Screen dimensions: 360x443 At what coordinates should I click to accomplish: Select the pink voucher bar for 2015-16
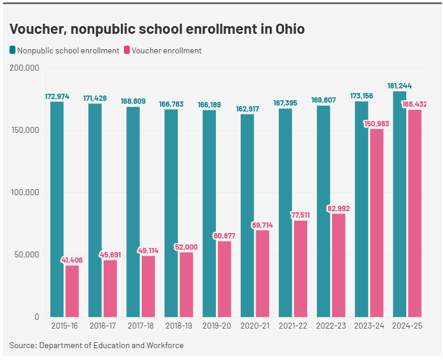pyautogui.click(x=72, y=291)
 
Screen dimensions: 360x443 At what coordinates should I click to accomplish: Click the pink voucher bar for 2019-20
pyautogui.click(x=224, y=279)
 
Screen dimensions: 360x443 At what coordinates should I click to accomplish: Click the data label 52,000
pyautogui.click(x=186, y=247)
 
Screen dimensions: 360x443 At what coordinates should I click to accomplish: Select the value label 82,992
pyautogui.click(x=339, y=208)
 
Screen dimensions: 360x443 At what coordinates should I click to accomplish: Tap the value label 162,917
pyautogui.click(x=247, y=109)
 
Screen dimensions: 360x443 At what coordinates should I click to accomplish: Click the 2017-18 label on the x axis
pyautogui.click(x=141, y=326)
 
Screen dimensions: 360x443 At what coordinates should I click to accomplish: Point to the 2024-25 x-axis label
pyautogui.click(x=407, y=326)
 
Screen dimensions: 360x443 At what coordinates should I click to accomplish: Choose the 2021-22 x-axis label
pyautogui.click(x=293, y=326)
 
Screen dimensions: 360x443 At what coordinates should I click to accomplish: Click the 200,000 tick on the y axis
pyautogui.click(x=25, y=68)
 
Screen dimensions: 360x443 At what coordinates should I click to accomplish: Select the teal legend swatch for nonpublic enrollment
pyautogui.click(x=12, y=50)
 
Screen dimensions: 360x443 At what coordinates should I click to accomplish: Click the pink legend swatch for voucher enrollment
pyautogui.click(x=127, y=50)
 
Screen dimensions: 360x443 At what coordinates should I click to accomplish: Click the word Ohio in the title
pyautogui.click(x=289, y=28)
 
